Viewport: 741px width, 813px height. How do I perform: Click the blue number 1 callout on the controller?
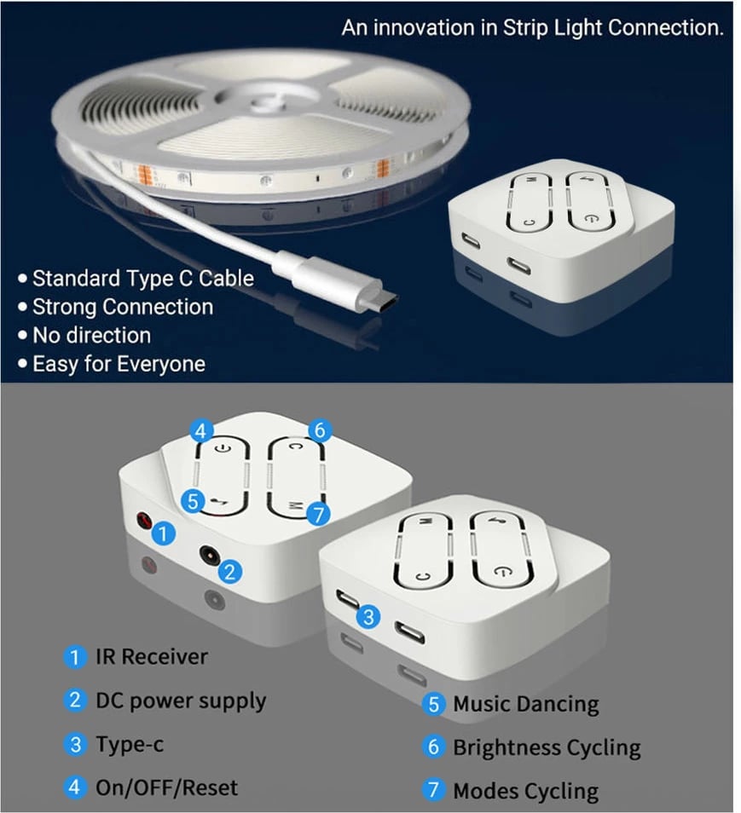click(165, 534)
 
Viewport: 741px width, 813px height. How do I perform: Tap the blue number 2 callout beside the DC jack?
click(230, 571)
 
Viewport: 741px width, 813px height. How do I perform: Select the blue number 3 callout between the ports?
click(368, 616)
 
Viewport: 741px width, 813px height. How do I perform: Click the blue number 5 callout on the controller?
click(194, 503)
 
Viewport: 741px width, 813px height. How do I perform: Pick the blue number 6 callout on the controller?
click(319, 430)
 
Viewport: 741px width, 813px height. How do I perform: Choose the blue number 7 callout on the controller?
click(317, 514)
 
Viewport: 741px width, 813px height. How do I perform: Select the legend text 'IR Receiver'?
click(151, 657)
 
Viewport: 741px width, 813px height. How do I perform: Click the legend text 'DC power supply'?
click(181, 701)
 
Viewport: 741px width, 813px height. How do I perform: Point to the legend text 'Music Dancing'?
click(525, 705)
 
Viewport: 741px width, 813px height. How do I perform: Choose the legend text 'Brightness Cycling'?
click(547, 748)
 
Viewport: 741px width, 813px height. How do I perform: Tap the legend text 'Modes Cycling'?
click(525, 791)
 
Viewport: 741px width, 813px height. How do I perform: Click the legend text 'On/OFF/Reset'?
click(166, 787)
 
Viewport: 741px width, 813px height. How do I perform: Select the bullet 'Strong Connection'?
click(123, 307)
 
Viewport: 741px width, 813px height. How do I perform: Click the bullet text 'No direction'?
click(91, 335)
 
